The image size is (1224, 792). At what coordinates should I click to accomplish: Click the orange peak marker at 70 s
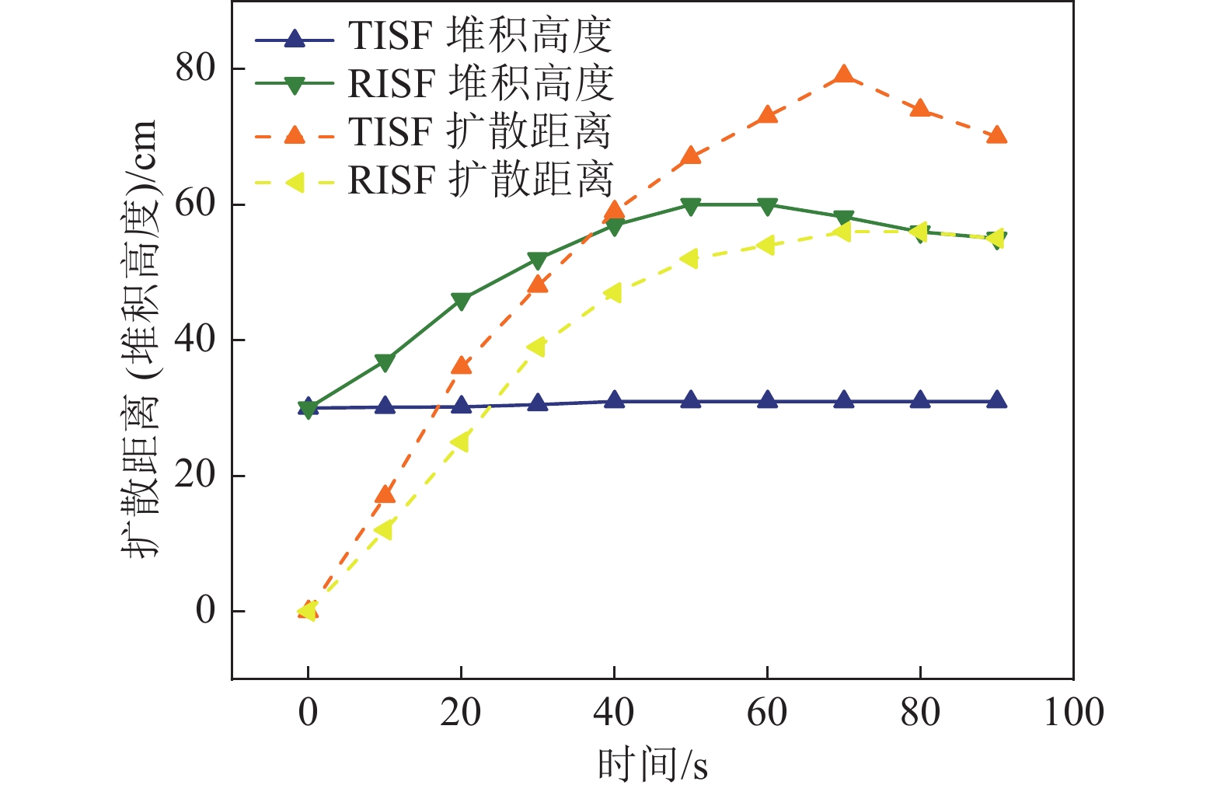[x=844, y=75]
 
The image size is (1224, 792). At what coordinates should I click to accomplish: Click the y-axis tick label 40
[x=195, y=340]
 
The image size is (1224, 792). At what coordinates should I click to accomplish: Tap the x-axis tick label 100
[x=1073, y=713]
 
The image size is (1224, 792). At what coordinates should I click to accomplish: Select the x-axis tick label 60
[x=767, y=713]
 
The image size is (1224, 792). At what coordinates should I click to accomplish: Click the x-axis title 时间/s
[x=652, y=765]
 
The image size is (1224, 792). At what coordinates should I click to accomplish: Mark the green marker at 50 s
[x=691, y=205]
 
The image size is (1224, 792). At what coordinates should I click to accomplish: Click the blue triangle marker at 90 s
[x=997, y=400]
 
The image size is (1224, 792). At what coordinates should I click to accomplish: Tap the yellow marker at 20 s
[x=460, y=442]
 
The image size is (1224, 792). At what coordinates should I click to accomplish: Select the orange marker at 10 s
[x=384, y=494]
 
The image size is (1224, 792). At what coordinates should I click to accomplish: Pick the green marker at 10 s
[x=384, y=362]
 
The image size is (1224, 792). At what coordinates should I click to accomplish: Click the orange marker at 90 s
[x=997, y=136]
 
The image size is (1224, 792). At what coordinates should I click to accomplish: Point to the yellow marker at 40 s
[x=613, y=293]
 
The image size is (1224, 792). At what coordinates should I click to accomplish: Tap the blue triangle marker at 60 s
[x=767, y=400]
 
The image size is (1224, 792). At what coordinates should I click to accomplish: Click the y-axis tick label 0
[x=205, y=611]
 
